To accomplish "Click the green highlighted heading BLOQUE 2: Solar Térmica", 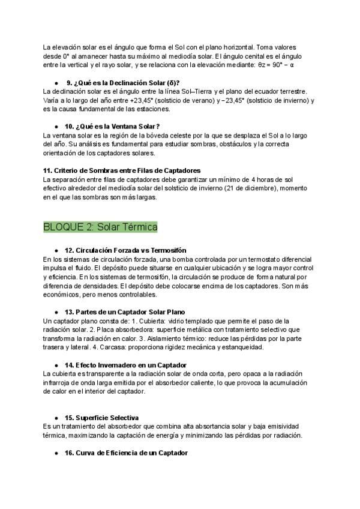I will [100, 227].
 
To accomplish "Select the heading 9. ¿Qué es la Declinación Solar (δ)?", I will [123, 82].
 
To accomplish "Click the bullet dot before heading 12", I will [56, 250].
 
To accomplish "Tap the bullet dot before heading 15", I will [56, 417].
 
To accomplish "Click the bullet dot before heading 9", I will [56, 82].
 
